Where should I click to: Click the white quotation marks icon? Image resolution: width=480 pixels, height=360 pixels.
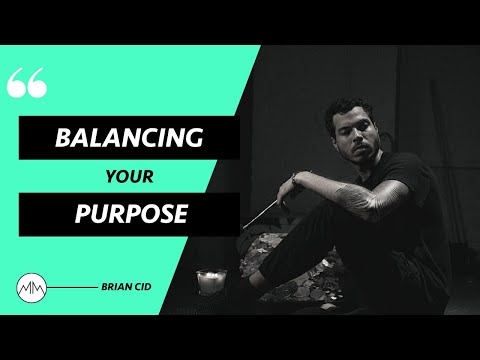27,84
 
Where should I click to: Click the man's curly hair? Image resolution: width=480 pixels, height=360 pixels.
352,108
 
